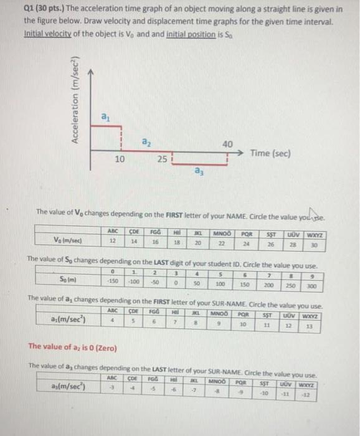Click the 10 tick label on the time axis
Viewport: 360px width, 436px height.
point(120,159)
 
